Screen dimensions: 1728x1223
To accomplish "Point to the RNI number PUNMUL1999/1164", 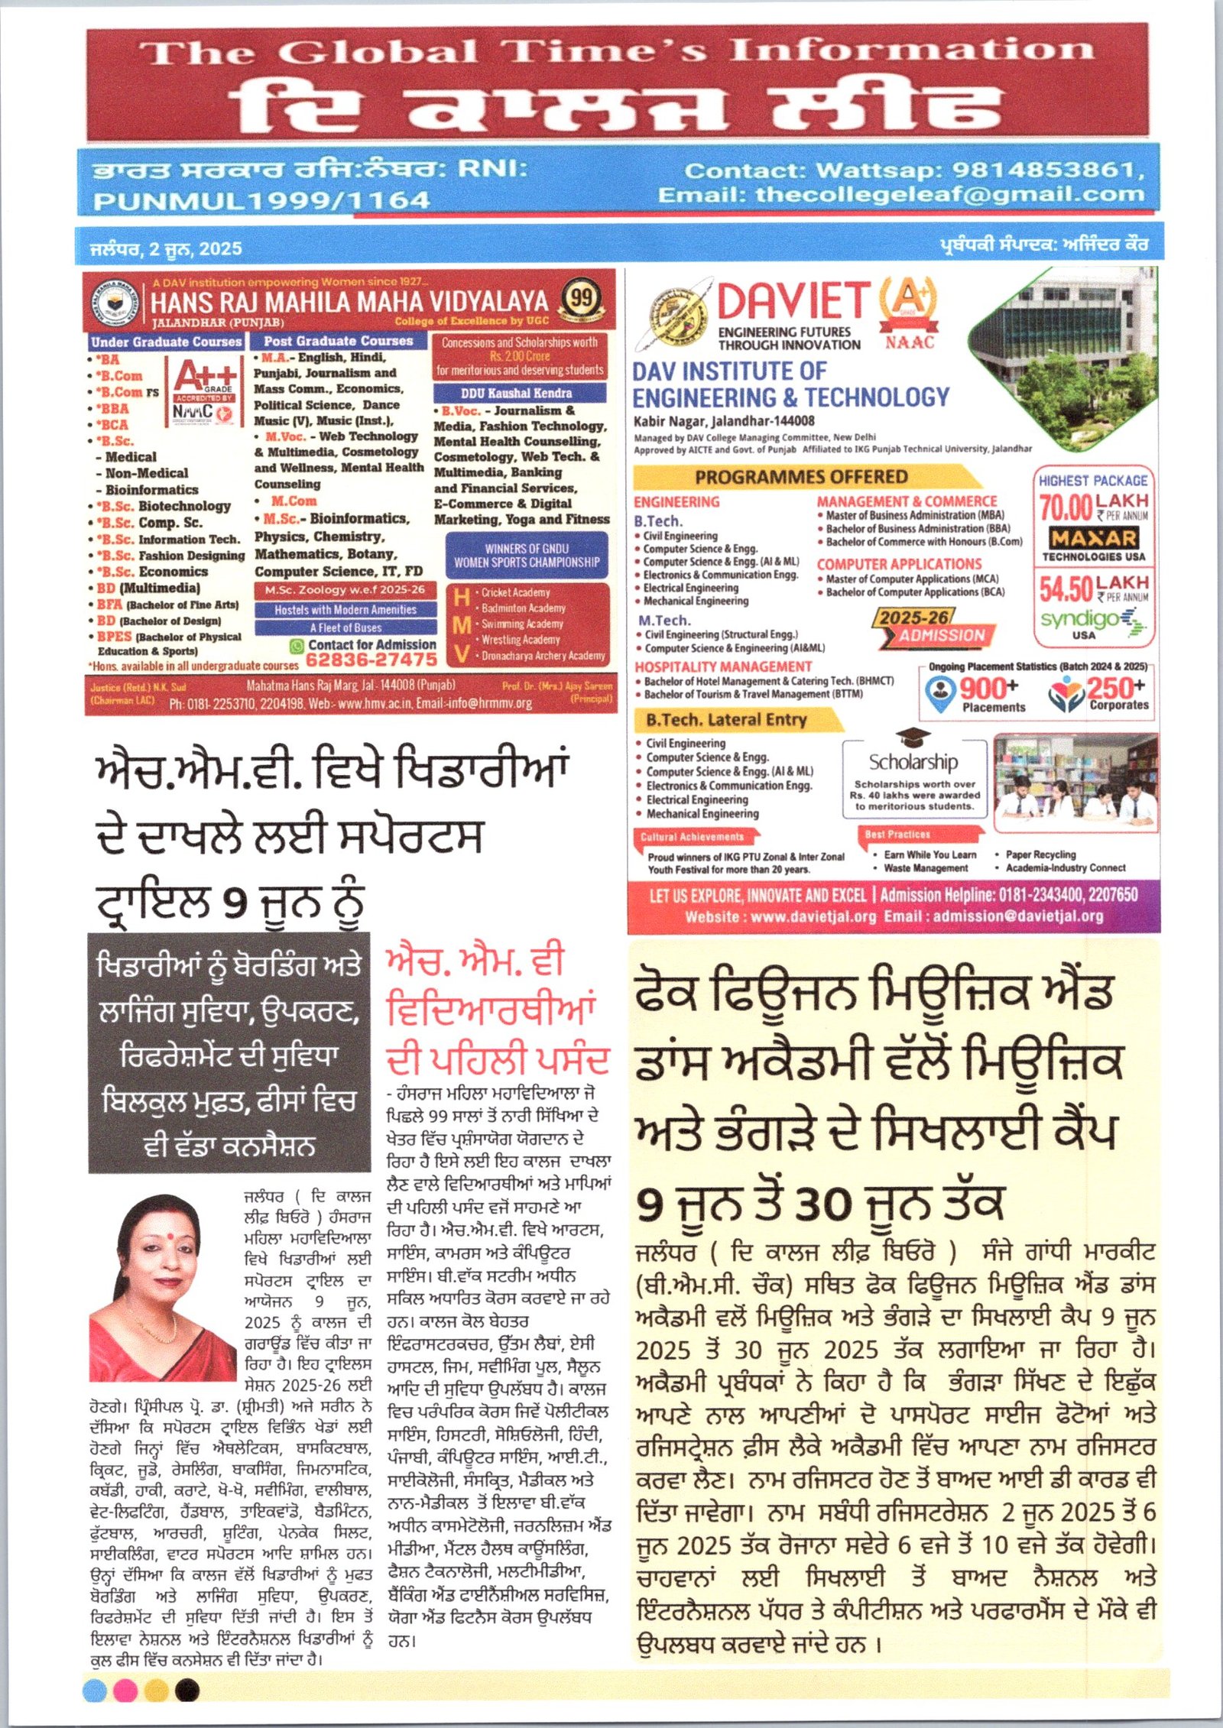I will [x=261, y=201].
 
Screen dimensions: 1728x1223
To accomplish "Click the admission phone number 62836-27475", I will [x=371, y=658].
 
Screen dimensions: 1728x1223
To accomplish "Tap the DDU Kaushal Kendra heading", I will [x=517, y=393].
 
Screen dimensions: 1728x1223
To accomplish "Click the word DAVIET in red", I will [x=793, y=301].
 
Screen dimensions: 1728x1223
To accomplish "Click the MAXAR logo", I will [x=1093, y=537].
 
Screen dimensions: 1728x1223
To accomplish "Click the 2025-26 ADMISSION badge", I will [x=934, y=626].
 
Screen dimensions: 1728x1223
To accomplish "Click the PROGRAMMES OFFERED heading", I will [x=800, y=477].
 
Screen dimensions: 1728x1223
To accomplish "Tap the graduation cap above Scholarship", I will [x=913, y=737].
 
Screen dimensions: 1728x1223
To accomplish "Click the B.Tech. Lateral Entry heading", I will [x=726, y=719].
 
